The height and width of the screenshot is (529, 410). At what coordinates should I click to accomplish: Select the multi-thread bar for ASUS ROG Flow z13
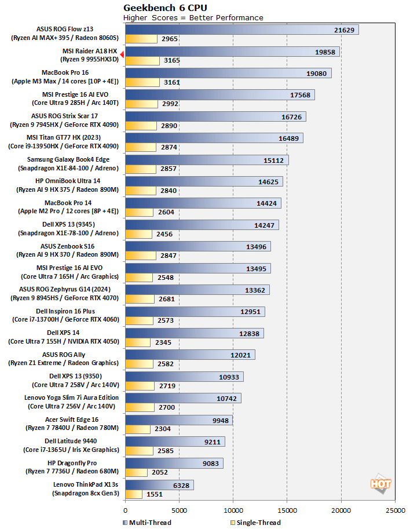tap(241, 30)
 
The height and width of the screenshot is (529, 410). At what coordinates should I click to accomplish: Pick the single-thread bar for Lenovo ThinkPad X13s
tap(133, 494)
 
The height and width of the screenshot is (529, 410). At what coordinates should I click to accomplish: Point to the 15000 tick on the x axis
tap(287, 511)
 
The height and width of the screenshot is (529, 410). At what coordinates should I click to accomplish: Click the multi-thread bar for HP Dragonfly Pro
tap(174, 463)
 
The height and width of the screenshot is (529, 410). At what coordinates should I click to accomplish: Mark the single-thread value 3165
tap(172, 60)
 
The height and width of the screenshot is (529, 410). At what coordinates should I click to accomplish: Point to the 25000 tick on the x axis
tap(395, 511)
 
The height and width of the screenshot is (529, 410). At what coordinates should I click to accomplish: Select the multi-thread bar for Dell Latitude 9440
tap(174, 442)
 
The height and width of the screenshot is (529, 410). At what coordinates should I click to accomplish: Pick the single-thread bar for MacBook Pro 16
tap(142, 82)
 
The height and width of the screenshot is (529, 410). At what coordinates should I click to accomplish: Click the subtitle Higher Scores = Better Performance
tap(193, 17)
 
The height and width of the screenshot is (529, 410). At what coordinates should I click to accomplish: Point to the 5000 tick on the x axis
tap(178, 511)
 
